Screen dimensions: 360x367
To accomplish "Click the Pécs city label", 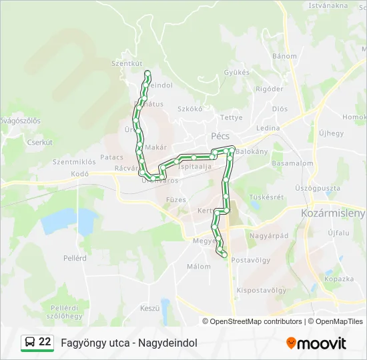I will [220, 135].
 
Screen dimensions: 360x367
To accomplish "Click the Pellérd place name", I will [75, 257].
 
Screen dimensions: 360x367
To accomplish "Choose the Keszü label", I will [150, 308].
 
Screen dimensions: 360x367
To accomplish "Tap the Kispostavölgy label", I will [262, 290].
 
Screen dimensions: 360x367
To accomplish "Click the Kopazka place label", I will [338, 279].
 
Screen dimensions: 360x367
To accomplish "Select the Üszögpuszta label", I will [317, 189].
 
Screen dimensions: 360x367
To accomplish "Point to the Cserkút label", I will [39, 142].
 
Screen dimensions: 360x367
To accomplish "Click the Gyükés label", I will [237, 72].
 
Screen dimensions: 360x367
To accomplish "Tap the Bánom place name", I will [284, 56].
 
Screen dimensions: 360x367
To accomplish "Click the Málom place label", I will [198, 266].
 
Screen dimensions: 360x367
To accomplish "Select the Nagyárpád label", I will [268, 235].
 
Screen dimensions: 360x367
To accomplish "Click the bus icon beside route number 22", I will [30, 342].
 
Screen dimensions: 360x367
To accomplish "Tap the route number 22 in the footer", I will [45, 342].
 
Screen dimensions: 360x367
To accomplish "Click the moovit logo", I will [316, 343].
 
